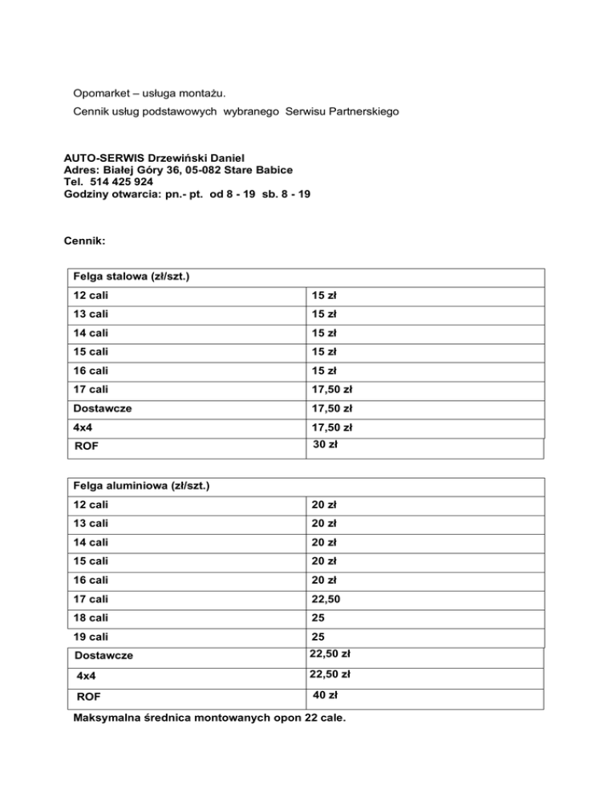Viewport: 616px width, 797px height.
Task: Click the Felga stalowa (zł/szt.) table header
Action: tap(132, 277)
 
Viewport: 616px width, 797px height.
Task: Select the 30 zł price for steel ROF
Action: tap(324, 443)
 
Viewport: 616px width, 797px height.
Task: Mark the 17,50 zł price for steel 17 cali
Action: tap(333, 390)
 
